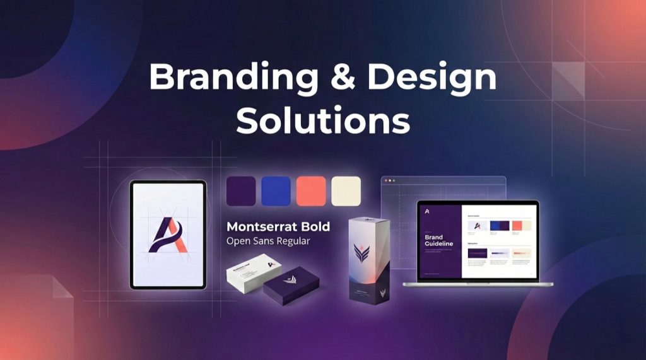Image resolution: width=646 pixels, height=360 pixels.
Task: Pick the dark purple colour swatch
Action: (241, 191)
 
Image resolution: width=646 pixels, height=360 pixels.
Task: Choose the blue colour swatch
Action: (276, 191)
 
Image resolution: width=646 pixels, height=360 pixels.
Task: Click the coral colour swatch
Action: (312, 191)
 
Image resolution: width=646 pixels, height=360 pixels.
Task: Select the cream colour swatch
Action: (346, 191)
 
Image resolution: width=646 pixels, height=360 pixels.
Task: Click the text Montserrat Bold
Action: (278, 226)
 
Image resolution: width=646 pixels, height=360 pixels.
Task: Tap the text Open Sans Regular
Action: (269, 241)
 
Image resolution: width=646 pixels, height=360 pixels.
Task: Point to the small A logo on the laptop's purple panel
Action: (427, 211)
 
